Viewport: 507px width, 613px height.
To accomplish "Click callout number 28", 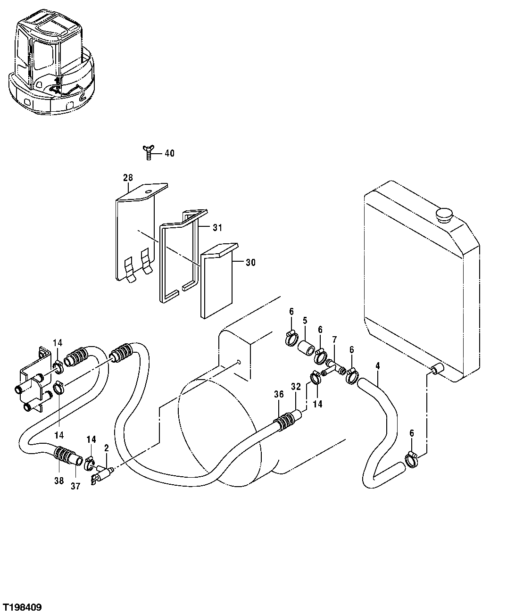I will [128, 178].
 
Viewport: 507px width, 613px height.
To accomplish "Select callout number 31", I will [216, 228].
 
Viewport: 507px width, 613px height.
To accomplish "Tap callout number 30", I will [250, 263].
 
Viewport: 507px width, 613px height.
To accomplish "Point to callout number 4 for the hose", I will [377, 365].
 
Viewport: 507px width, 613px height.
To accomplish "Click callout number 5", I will [305, 320].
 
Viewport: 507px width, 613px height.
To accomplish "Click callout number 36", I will [279, 394].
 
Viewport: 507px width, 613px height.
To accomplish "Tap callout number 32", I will [295, 386].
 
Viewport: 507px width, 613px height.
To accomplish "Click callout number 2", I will [107, 447].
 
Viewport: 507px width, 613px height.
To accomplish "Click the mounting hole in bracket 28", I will [149, 191].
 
